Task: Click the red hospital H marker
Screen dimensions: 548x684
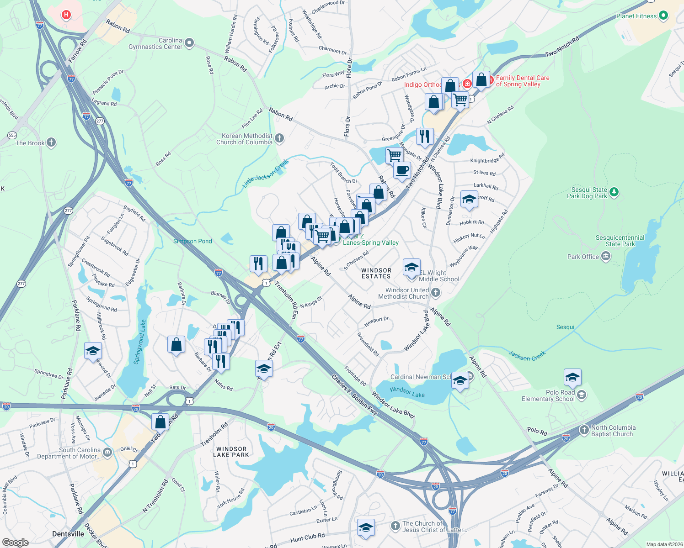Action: (x=66, y=15)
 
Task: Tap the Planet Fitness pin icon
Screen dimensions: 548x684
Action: (x=663, y=16)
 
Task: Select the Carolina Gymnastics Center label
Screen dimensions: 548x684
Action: (x=155, y=44)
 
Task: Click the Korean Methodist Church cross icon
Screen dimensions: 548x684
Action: (x=279, y=138)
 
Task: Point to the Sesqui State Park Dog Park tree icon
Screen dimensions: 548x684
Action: (x=614, y=192)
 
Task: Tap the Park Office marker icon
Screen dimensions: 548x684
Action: (x=606, y=257)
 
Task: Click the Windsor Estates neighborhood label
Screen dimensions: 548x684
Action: (x=376, y=273)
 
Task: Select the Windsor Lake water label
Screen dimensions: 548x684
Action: (x=407, y=392)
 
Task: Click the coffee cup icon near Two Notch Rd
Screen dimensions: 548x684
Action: (x=402, y=171)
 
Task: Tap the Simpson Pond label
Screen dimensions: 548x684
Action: (x=192, y=241)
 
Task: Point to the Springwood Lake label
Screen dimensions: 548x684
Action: (x=140, y=342)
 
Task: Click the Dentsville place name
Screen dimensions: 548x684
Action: (x=68, y=534)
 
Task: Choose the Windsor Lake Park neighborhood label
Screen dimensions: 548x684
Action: (x=231, y=452)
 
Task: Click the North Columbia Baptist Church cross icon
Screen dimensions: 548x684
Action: (x=584, y=430)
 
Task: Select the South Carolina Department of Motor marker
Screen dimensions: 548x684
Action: (x=107, y=452)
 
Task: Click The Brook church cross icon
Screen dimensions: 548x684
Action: (x=51, y=142)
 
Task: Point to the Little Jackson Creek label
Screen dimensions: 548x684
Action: (x=266, y=174)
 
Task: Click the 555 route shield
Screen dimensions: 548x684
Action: (x=12, y=135)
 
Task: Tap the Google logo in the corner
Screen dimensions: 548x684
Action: (x=15, y=542)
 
